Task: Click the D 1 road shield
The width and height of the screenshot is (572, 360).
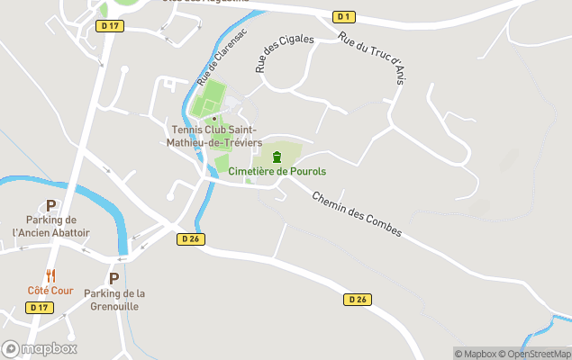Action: click(342, 17)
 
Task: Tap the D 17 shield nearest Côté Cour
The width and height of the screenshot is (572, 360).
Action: click(39, 307)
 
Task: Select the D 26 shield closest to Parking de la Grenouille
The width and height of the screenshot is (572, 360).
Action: click(189, 238)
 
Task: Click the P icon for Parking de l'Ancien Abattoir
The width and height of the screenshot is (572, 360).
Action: click(51, 205)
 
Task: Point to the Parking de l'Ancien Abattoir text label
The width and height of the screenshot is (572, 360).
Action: click(51, 226)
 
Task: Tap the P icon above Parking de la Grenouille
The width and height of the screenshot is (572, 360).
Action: click(113, 278)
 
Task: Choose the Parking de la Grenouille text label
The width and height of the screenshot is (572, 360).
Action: click(114, 300)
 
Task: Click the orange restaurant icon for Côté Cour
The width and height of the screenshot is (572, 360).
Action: click(50, 276)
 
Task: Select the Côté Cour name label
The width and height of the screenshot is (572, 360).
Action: click(50, 291)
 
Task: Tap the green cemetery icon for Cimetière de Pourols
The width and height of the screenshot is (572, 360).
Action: click(277, 157)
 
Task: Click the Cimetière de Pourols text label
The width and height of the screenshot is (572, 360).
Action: click(277, 171)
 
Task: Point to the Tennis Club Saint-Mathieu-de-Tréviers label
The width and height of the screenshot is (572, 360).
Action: click(216, 136)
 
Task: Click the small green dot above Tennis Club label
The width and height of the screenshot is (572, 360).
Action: click(214, 118)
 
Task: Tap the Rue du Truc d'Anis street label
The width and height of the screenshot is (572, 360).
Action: click(369, 57)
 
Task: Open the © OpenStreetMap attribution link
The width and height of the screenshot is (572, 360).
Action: click(537, 354)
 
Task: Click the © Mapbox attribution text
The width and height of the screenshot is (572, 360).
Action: click(477, 354)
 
